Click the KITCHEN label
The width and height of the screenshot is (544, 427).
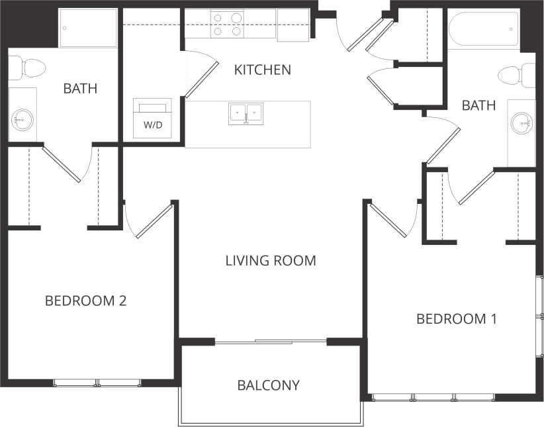pos(262,70)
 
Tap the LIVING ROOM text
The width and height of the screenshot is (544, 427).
pos(270,261)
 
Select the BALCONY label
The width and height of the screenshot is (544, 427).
pos(268,385)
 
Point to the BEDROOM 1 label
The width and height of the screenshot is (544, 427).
pos(456,319)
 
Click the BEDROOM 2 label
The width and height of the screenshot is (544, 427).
pos(85,301)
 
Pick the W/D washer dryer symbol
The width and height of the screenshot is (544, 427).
pos(152,118)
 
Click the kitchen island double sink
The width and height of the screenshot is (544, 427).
pos(246,113)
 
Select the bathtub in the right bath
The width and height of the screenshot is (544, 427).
pos(483,28)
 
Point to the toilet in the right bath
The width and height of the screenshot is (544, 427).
pos(516,75)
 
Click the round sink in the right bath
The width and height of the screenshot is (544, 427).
pos(522,122)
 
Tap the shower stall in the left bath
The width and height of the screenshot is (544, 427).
pos(88,28)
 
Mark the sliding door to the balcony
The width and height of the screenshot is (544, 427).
pos(271,342)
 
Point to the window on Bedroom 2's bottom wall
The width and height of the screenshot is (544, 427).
pos(97,383)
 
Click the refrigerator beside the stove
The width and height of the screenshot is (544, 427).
pos(293,24)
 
